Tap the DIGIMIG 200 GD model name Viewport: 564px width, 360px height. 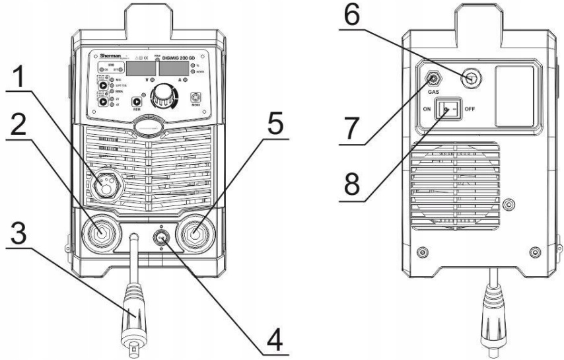point(173,57)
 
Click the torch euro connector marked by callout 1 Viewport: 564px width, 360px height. point(104,184)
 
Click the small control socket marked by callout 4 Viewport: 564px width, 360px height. point(160,236)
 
